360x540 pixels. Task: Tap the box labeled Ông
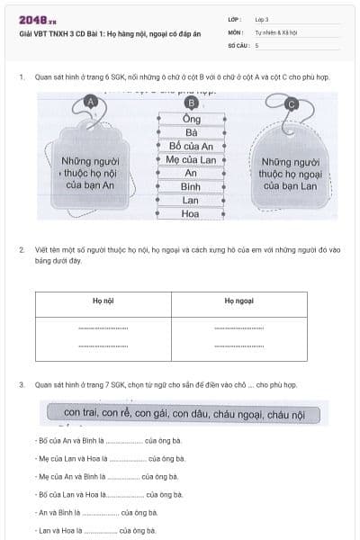pos(191,119)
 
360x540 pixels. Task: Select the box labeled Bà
pos(191,132)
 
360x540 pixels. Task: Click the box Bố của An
pos(191,146)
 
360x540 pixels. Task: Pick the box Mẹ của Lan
pos(191,159)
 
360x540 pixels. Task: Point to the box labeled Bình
pos(191,186)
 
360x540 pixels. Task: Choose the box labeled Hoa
pos(191,214)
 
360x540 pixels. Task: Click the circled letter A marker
pos(90,103)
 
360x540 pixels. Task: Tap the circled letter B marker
pos(191,103)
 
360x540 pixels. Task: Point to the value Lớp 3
pos(262,18)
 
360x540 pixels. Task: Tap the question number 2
pos(22,248)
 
